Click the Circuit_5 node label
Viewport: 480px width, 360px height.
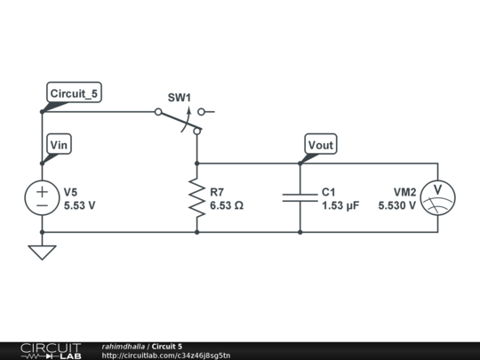73,93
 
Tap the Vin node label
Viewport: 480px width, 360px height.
59,145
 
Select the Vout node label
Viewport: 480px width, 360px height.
321,145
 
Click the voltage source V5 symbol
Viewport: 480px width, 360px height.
42,197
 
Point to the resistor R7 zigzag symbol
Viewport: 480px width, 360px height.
196,197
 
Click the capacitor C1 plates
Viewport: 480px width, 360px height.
300,197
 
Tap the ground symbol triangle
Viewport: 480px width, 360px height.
42,252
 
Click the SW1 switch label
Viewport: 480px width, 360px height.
180,97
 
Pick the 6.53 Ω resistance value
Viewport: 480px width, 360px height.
227,204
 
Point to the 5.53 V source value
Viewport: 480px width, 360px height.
79,204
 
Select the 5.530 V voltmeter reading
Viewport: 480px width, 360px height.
396,204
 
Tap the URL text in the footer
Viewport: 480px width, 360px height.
165,356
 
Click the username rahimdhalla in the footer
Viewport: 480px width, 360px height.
124,346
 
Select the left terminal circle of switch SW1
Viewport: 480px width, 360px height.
158,112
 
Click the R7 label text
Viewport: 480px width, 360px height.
218,191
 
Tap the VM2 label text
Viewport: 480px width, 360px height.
405,191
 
